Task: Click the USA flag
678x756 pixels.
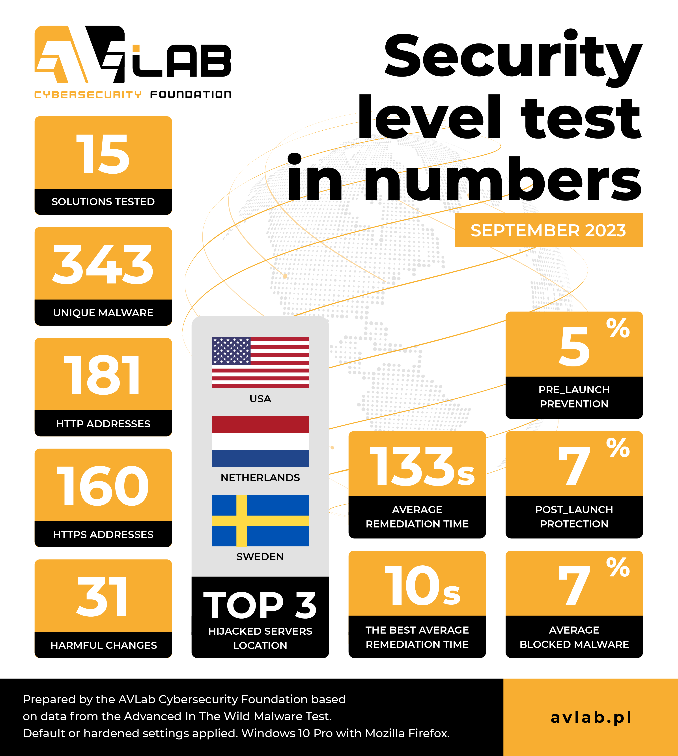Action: [x=260, y=362]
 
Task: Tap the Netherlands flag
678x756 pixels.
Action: [x=260, y=441]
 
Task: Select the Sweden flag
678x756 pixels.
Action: [x=260, y=520]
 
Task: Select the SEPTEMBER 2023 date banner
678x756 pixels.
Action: [x=548, y=230]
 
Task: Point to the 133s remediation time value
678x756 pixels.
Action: [x=421, y=467]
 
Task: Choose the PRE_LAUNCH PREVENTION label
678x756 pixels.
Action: [x=574, y=397]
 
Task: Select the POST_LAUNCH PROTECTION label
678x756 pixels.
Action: [x=574, y=517]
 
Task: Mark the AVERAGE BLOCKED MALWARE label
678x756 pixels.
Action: [x=574, y=637]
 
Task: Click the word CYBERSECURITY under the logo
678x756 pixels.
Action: [x=88, y=95]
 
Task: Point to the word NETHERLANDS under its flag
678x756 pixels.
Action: [x=260, y=478]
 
